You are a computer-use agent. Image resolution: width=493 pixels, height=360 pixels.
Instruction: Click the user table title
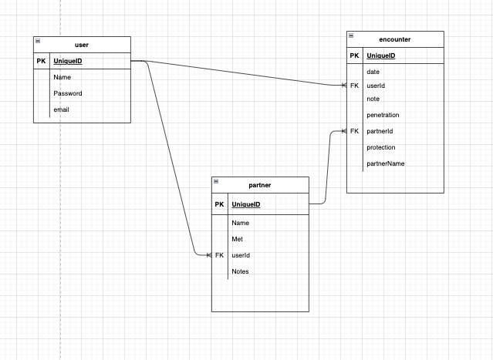pos(82,45)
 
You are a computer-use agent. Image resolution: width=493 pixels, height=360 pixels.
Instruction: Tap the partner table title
pos(260,186)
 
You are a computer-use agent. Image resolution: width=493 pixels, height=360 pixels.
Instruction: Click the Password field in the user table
pos(68,93)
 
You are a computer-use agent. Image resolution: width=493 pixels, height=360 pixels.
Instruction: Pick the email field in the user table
pos(62,110)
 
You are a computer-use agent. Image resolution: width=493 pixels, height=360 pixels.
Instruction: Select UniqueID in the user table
pos(69,62)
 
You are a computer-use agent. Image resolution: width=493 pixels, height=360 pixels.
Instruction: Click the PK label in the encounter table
pos(354,56)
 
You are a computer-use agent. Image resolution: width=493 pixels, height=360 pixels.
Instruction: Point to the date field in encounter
pos(373,72)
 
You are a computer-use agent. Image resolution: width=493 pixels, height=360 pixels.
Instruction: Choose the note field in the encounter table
pos(373,99)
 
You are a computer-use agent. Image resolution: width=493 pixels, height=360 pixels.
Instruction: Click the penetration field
pos(383,115)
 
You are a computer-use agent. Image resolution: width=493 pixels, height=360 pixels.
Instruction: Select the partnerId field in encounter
pos(380,131)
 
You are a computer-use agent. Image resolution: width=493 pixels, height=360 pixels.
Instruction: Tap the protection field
pos(381,147)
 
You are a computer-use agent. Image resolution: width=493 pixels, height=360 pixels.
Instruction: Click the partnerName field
pos(386,163)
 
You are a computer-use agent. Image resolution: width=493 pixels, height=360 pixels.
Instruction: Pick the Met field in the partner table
pos(238,239)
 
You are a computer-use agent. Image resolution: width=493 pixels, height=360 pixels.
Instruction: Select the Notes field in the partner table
pos(241,271)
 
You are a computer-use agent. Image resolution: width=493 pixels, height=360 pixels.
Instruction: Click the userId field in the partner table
pos(241,255)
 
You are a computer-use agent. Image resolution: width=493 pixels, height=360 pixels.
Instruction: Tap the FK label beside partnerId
pos(354,131)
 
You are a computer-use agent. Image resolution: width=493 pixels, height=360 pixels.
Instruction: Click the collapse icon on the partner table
pos(216,181)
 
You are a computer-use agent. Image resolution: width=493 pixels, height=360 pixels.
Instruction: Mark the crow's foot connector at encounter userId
pos(343,86)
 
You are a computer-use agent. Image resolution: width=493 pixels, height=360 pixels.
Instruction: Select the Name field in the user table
pos(62,78)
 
